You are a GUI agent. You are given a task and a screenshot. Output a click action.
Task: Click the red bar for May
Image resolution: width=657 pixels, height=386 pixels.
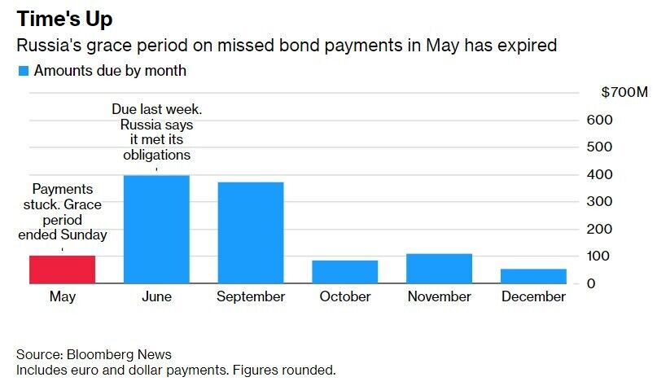click(63, 270)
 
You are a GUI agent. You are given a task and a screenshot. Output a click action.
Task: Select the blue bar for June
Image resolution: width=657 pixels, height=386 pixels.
click(156, 230)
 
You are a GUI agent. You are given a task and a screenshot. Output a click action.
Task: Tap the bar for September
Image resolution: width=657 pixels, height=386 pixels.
click(251, 233)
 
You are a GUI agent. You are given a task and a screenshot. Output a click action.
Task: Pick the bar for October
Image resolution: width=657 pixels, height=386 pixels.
click(345, 272)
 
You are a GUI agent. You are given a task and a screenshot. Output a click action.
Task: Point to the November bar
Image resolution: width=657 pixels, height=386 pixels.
click(440, 269)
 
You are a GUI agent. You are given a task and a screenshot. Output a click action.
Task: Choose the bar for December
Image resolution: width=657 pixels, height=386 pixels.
click(533, 276)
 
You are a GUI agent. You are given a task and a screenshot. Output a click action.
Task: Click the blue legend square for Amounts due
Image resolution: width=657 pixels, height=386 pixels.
click(23, 71)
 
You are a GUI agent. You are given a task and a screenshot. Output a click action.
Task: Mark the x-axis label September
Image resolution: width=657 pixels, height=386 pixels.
click(251, 297)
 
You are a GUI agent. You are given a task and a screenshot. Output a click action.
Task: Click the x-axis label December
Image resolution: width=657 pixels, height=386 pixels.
click(533, 297)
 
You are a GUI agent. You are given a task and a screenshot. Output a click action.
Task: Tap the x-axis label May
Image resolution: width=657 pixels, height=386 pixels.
click(63, 297)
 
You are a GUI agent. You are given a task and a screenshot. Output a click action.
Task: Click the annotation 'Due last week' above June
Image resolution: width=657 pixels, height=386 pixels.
click(156, 110)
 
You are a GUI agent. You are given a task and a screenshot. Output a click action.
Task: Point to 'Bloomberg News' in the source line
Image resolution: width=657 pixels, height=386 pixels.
click(120, 355)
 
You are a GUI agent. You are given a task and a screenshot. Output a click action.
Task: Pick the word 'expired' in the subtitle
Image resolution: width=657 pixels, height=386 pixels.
click(528, 46)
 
